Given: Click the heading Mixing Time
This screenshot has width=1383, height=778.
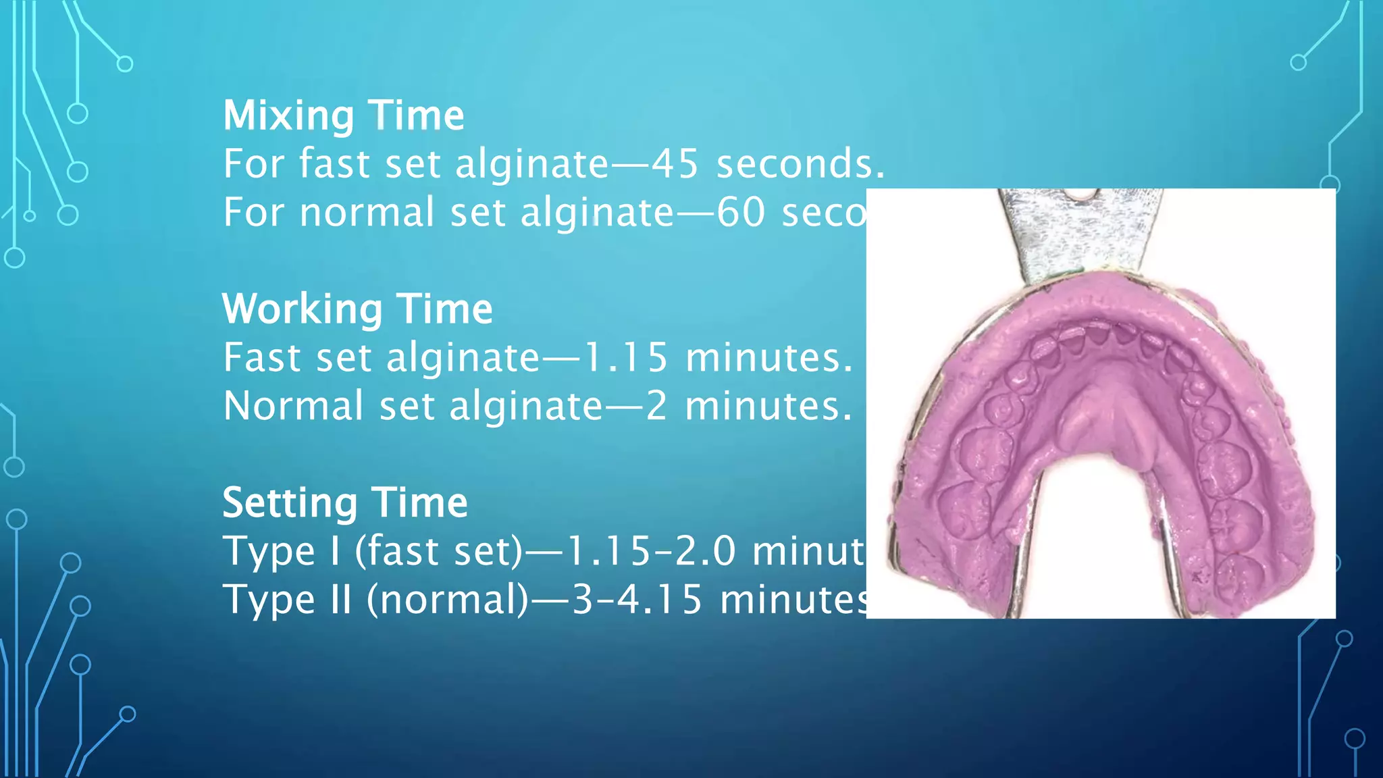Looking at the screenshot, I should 344,115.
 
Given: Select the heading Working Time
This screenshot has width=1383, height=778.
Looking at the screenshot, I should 357,309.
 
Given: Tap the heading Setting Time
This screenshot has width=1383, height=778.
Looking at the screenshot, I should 345,503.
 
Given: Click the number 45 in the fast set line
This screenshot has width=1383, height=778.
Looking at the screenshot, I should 675,164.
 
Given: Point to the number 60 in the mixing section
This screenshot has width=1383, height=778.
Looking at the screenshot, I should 741,213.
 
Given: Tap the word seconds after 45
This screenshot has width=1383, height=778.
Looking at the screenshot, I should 800,164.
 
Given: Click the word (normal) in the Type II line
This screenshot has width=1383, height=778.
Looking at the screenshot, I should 448,600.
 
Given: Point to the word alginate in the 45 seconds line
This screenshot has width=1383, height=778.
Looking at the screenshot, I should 532,164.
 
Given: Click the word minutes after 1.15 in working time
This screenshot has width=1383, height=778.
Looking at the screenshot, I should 769,357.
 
